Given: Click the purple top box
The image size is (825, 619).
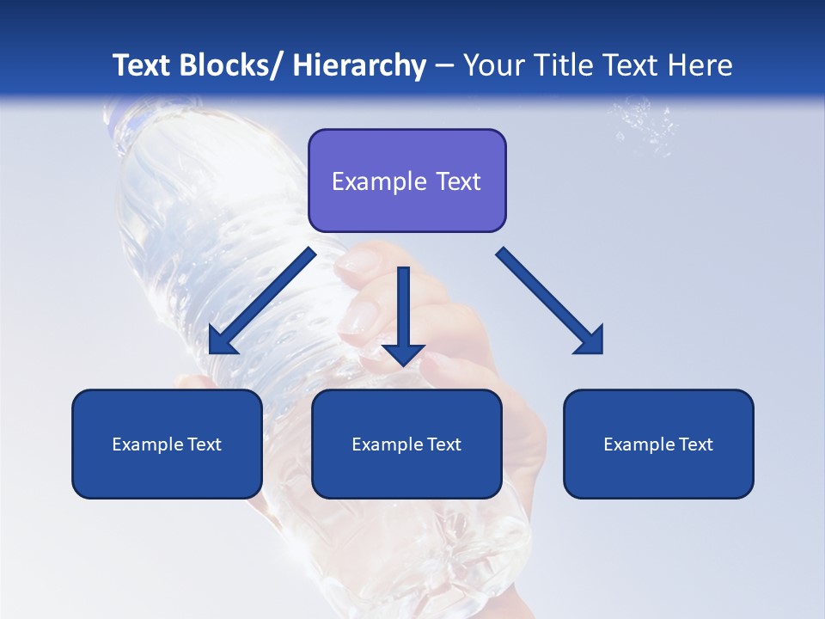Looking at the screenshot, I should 406,181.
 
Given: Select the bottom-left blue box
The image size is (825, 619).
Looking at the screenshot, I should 167,444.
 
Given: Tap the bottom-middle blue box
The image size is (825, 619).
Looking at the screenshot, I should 406,444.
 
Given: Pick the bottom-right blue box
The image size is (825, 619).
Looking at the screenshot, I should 658,444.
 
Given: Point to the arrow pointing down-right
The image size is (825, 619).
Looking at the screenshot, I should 551,302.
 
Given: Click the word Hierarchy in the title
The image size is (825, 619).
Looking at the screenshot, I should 359,65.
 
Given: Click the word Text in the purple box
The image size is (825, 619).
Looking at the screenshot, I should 456,181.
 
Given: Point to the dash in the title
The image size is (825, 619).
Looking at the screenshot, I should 444,66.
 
